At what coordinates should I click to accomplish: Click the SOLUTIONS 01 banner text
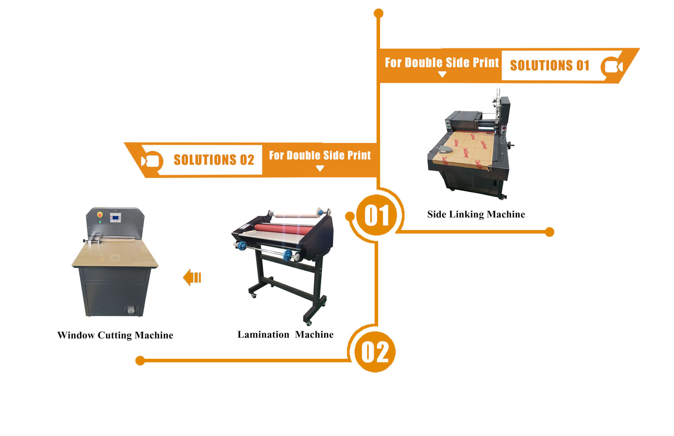point(549,66)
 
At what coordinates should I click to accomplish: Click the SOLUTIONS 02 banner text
point(214,160)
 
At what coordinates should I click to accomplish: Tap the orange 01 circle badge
point(376,215)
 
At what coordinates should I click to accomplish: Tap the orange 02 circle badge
point(375,352)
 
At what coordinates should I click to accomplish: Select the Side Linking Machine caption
point(476,214)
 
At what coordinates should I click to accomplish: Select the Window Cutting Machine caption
point(115,335)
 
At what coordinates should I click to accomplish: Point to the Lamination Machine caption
point(285,335)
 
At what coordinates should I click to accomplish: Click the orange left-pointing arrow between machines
point(192,277)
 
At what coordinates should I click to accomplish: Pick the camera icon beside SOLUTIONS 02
point(151,161)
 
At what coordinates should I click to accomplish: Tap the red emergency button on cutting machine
point(100,214)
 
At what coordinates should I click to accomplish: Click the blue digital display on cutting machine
point(115,218)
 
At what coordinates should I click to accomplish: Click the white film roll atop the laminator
point(296,213)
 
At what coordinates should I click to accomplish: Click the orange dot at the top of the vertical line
point(378,13)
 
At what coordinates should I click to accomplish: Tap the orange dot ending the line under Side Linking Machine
point(549,232)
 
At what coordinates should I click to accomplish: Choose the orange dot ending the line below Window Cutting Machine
point(140,361)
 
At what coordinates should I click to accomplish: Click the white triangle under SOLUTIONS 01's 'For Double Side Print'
point(442,74)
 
